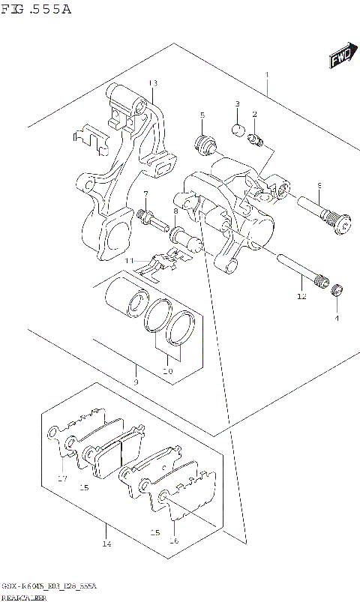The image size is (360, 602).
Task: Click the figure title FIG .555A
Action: click(37, 9)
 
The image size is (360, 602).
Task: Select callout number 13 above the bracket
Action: click(152, 82)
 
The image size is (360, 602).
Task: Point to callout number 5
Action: click(202, 115)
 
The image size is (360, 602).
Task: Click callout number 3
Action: click(236, 103)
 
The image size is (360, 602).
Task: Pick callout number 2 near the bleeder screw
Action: click(254, 114)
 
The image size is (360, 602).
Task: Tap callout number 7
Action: click(145, 195)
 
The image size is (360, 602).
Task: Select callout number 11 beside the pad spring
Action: click(129, 260)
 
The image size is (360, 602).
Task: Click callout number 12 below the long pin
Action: click(301, 297)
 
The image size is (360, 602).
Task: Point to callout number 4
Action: click(337, 318)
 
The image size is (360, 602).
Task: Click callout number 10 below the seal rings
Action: click(167, 370)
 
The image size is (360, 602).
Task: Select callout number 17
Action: click(63, 479)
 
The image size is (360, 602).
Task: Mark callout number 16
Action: click(173, 540)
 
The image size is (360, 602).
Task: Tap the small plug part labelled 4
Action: click(337, 292)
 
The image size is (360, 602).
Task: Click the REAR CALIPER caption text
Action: click(25, 597)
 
